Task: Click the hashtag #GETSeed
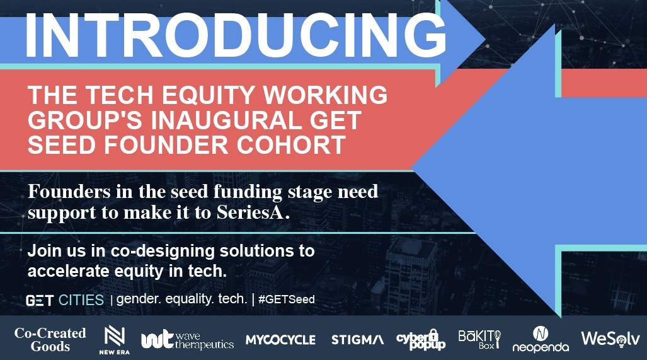click(x=287, y=299)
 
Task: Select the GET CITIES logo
click(x=64, y=301)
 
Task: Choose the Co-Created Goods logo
click(x=50, y=340)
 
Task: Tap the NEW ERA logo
click(x=115, y=340)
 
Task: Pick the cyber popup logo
click(x=421, y=340)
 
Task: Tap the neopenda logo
click(x=541, y=339)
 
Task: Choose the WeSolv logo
click(x=610, y=339)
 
